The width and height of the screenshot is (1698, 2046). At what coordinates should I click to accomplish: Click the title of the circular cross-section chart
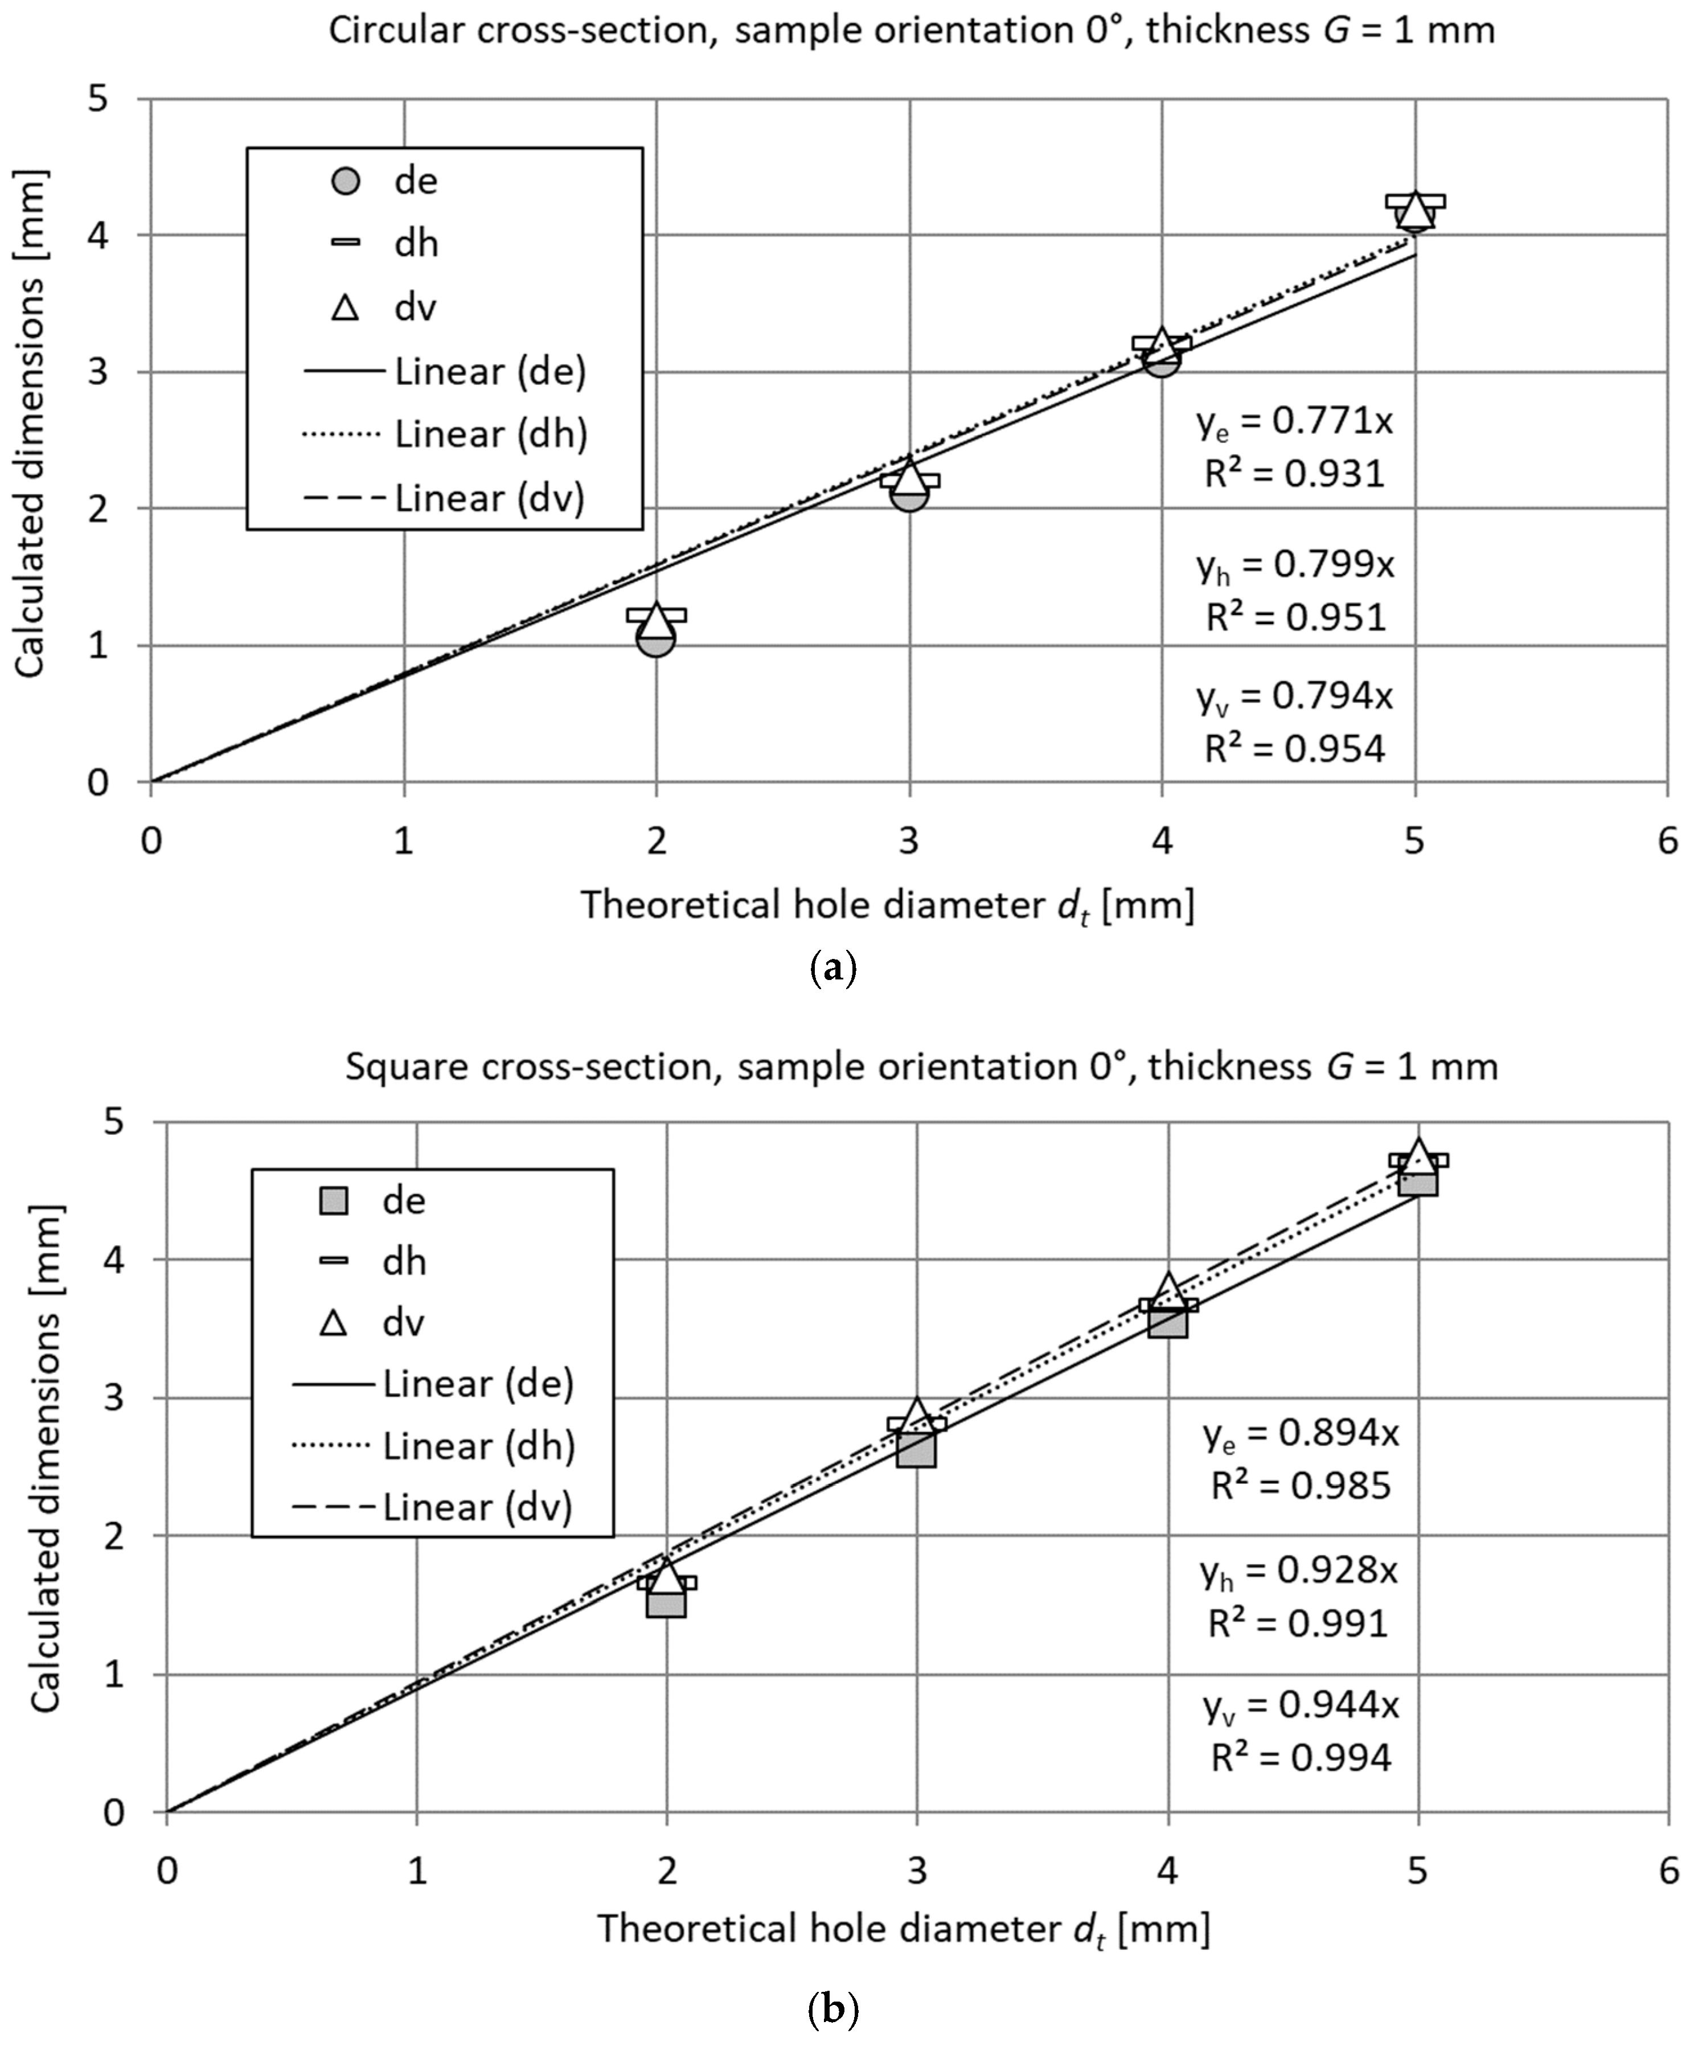coord(911,31)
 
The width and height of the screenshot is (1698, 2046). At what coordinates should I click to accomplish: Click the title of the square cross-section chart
coord(921,1067)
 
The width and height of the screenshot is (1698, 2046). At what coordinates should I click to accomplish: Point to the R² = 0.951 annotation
coord(1295,618)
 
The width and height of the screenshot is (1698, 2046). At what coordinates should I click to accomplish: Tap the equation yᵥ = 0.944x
coord(1301,1705)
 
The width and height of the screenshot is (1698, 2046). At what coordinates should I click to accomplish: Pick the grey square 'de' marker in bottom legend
coord(334,1200)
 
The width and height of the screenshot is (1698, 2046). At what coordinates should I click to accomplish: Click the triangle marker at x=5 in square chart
coord(1418,1154)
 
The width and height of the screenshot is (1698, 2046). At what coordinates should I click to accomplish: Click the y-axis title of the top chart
coord(31,424)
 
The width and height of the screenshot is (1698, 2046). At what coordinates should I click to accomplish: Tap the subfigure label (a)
coord(833,969)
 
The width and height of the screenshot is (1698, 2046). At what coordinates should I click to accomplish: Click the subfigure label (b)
coord(833,2009)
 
